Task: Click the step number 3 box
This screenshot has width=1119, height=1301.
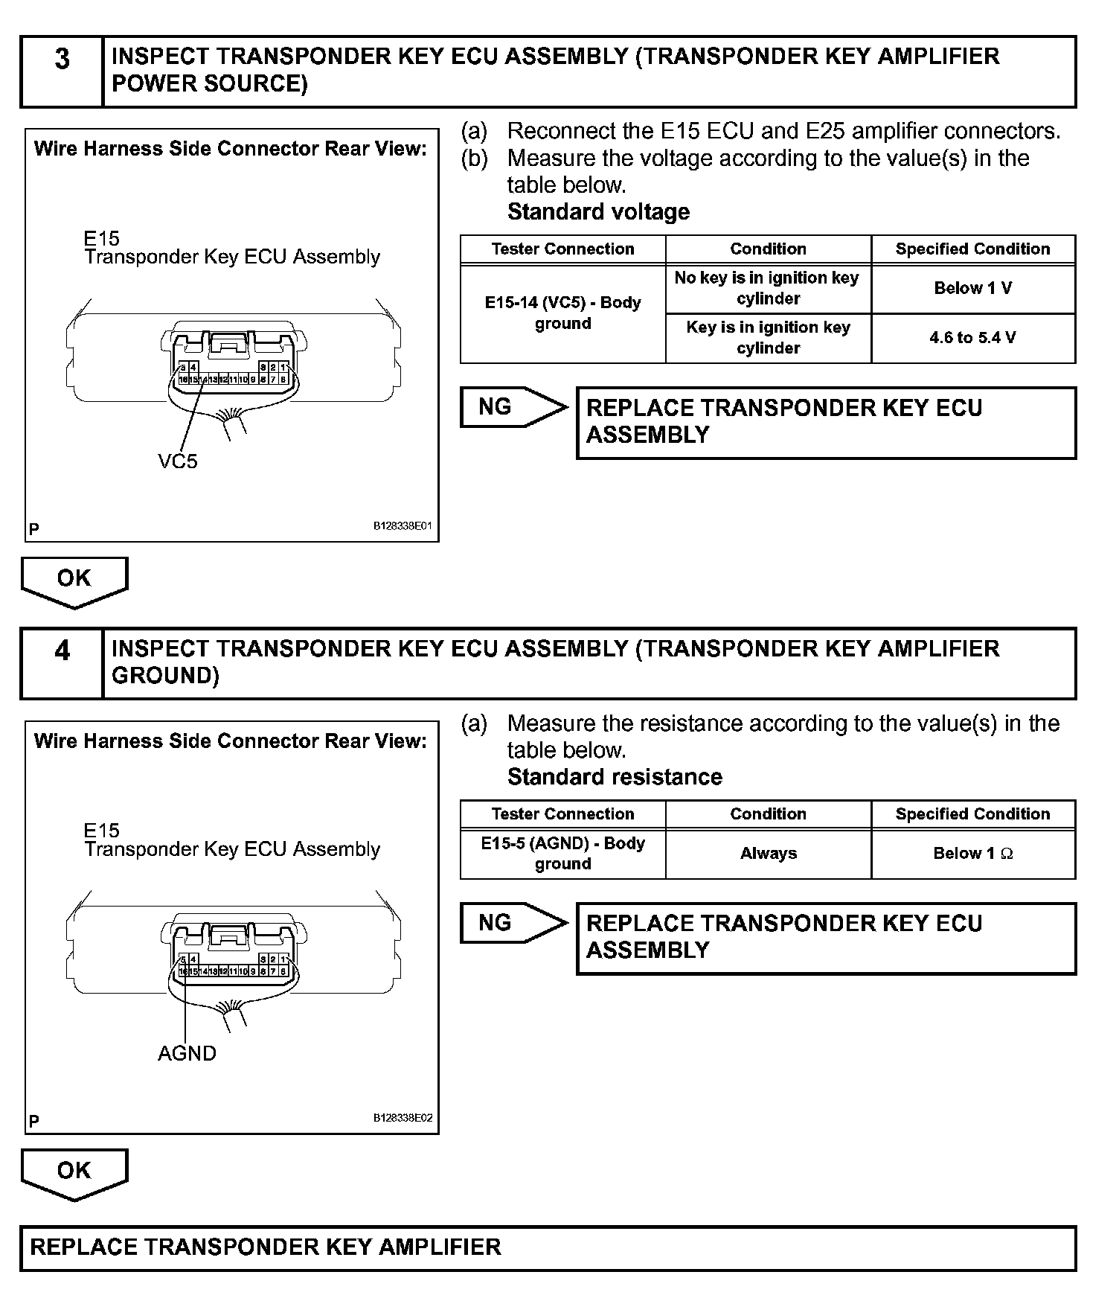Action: tap(62, 71)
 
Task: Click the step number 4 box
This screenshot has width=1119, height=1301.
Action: tap(62, 663)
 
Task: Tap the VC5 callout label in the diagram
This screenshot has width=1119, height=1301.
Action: tap(178, 461)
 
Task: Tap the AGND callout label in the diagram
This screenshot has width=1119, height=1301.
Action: tap(187, 1053)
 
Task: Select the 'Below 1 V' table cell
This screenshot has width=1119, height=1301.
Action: tap(972, 289)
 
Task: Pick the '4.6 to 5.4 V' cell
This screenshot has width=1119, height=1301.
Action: tap(972, 338)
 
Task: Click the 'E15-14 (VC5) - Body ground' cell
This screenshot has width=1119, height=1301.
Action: tap(562, 313)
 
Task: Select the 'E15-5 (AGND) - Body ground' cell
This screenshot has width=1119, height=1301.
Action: tap(562, 854)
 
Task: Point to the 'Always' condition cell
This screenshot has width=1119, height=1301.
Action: tap(768, 854)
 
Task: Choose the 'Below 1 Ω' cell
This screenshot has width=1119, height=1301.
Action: tap(972, 854)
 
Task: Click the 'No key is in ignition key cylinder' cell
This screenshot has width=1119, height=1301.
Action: tap(768, 288)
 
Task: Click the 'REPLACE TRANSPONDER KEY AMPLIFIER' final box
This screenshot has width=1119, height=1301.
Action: tap(548, 1247)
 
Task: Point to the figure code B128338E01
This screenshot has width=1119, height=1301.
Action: tap(403, 526)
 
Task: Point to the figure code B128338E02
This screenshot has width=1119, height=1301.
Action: tap(403, 1118)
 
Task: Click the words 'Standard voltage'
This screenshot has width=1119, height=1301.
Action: tap(598, 212)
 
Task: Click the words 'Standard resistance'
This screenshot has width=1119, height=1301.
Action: tap(615, 777)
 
